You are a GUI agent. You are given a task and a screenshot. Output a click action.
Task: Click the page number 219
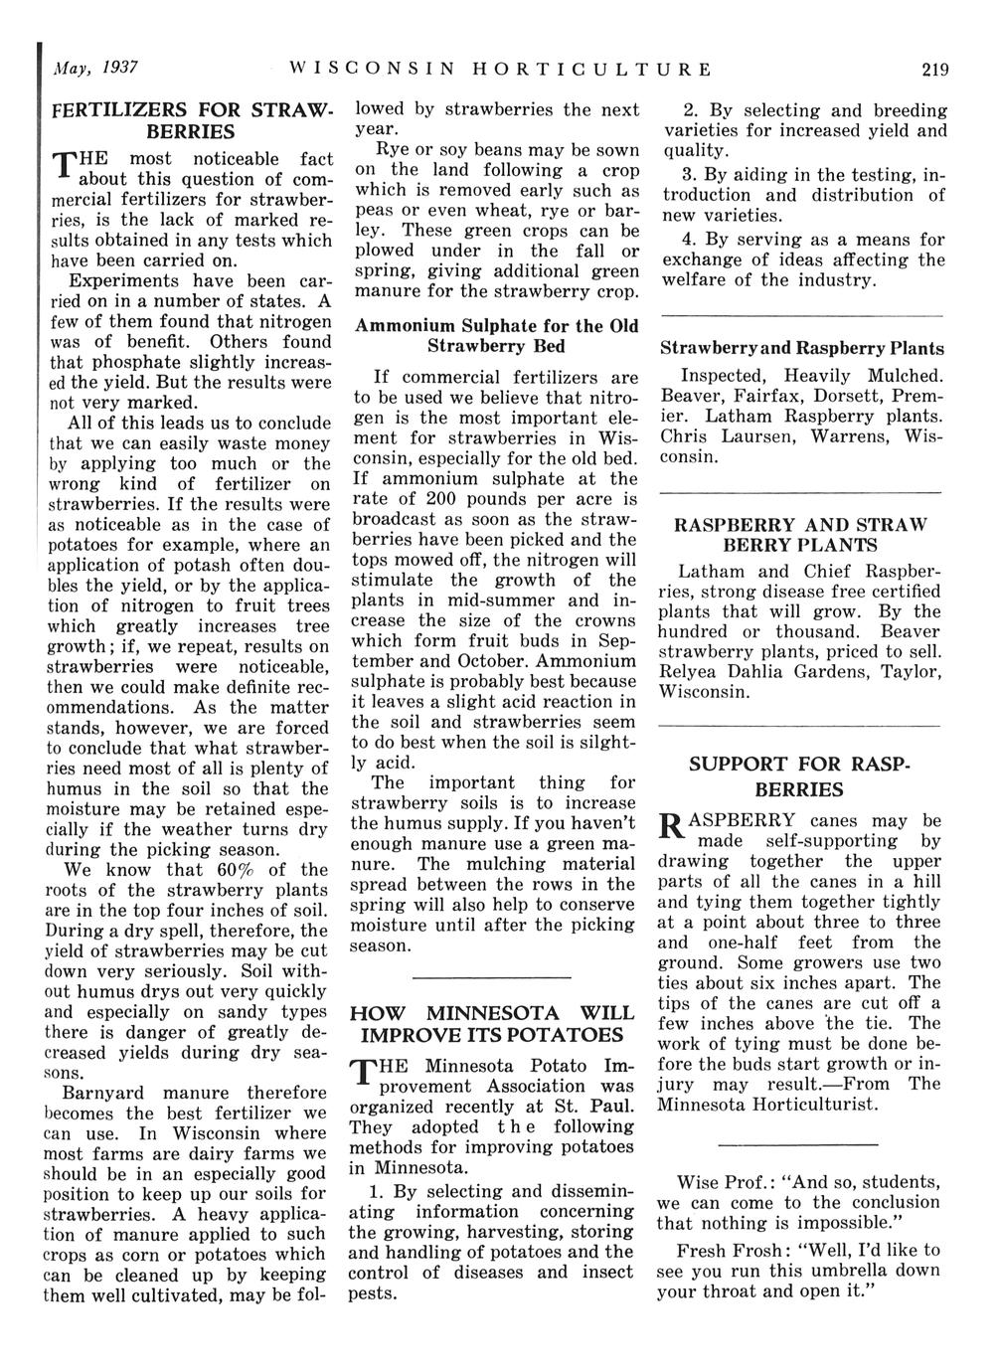pyautogui.click(x=934, y=70)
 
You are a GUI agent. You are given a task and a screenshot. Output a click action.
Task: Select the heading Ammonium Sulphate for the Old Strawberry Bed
pyautogui.click(x=496, y=336)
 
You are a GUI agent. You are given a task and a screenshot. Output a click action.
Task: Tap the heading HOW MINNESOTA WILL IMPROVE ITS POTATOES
pyautogui.click(x=492, y=1024)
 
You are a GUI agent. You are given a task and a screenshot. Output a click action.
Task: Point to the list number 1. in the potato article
pyautogui.click(x=376, y=1191)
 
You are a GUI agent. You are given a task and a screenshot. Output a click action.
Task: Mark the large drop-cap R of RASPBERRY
pyautogui.click(x=671, y=827)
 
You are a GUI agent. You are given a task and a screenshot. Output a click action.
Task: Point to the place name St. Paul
pyautogui.click(x=602, y=1106)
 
